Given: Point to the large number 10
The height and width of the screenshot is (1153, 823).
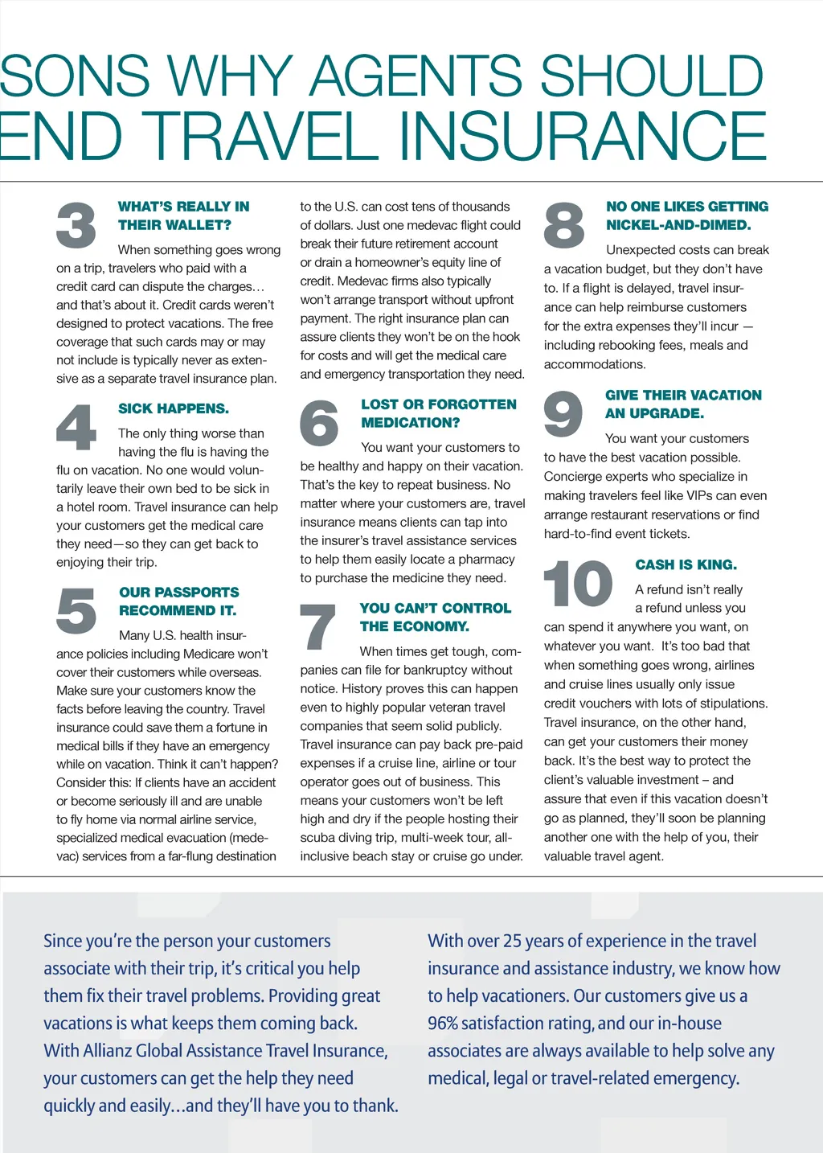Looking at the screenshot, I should point(578,584).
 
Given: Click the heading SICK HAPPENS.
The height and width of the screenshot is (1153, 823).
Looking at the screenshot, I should point(174,408).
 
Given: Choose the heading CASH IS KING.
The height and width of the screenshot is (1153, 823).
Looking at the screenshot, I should point(686,564).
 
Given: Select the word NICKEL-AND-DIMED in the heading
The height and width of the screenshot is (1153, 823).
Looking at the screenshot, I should point(678,225).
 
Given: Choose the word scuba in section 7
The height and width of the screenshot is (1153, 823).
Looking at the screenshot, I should point(317,838).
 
